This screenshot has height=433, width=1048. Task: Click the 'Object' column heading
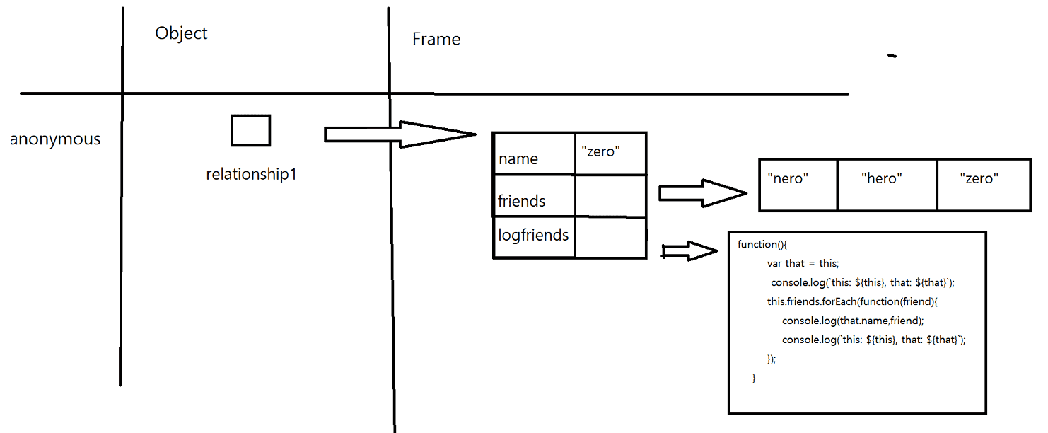181,33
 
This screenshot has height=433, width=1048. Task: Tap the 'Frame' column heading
436,40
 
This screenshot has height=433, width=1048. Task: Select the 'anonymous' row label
55,139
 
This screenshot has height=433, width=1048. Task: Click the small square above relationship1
250,130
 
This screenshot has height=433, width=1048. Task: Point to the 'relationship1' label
251,174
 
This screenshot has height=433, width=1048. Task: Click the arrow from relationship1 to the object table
398,134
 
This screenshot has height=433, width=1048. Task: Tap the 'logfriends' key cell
534,237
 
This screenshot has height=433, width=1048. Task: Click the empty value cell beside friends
610,196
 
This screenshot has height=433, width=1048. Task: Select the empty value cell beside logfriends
610,237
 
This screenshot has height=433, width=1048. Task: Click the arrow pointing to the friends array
701,193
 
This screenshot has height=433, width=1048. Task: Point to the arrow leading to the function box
689,251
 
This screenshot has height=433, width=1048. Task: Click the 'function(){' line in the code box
762,245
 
